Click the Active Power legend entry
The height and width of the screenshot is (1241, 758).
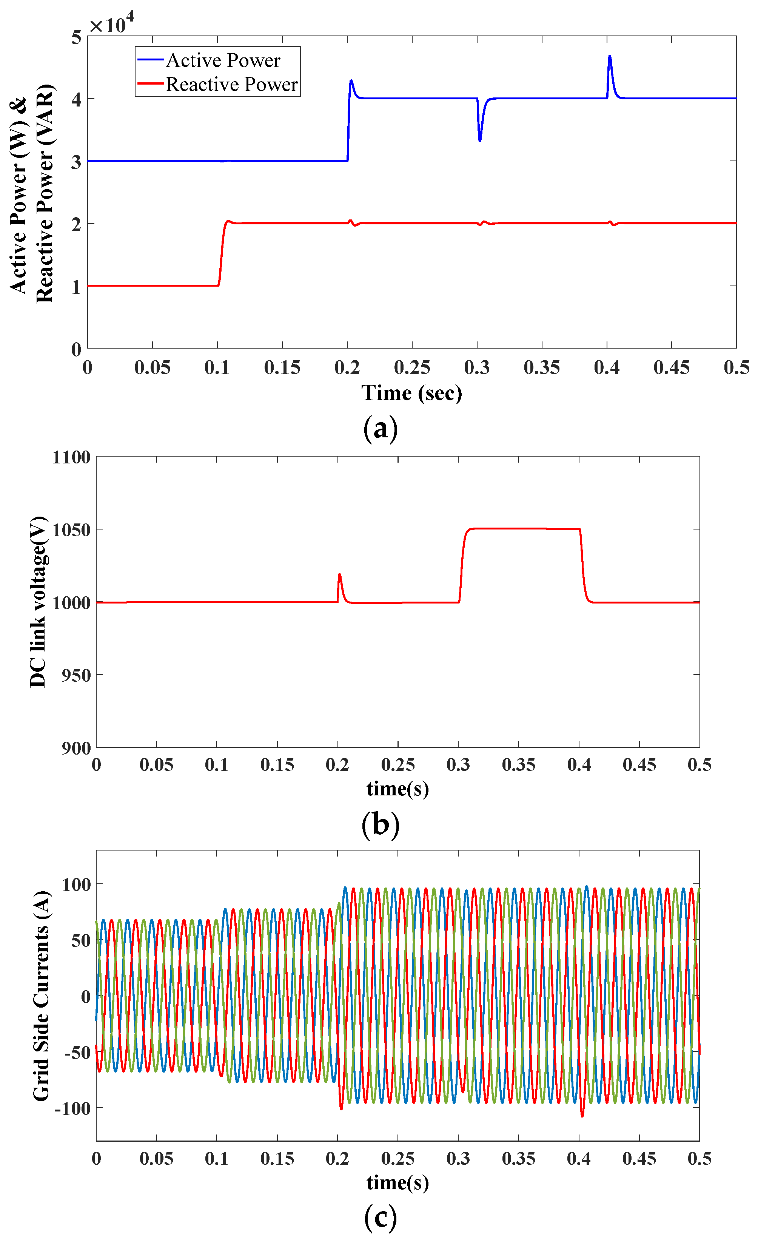pos(222,60)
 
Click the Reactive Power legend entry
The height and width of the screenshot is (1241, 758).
pos(231,84)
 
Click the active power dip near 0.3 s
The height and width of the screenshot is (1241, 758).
pos(480,140)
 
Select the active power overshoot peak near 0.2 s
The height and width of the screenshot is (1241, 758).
pos(351,80)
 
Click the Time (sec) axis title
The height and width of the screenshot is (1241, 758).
pos(411,393)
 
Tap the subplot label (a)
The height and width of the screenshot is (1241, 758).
pos(380,429)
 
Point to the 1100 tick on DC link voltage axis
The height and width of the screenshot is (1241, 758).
pos(71,457)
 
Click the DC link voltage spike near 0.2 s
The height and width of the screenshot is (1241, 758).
pos(340,574)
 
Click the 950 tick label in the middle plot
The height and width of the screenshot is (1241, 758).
pos(76,675)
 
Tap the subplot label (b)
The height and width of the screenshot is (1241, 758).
pos(380,825)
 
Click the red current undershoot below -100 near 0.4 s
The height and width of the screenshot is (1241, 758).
pos(582,1116)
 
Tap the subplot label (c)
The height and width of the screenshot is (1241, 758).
pos(380,1218)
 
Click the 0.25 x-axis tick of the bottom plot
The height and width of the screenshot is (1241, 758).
pos(397,1158)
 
